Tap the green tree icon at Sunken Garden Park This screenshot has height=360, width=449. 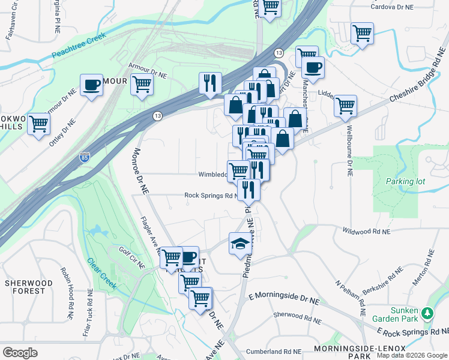(x=427, y=313)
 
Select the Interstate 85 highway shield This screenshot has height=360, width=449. (x=85, y=158)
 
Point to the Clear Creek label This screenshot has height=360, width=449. (x=101, y=273)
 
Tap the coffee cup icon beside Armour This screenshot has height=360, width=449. (x=91, y=85)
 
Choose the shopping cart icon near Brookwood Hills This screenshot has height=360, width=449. (x=38, y=124)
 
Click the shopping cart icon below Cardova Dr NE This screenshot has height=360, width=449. (x=362, y=33)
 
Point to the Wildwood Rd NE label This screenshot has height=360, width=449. (x=366, y=231)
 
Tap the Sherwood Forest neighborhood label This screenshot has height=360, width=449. (x=25, y=287)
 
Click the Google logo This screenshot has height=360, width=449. (x=20, y=352)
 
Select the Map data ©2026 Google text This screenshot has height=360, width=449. (x=411, y=355)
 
